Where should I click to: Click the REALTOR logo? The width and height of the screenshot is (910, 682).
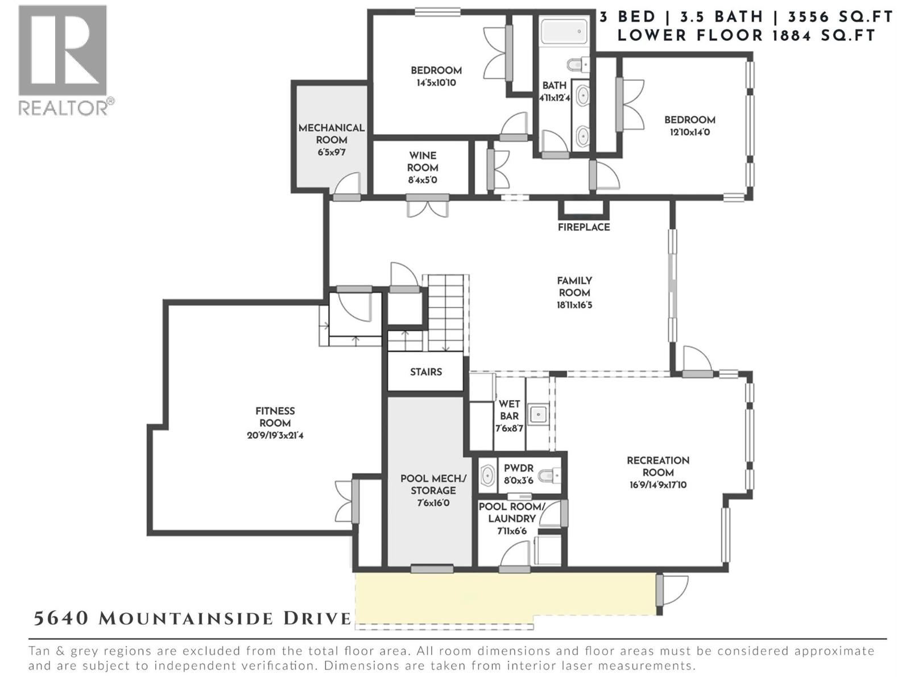pos(63,60)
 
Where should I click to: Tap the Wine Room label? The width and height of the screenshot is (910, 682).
pos(423,161)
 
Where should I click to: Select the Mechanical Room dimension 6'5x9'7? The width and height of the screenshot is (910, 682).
pos(332,152)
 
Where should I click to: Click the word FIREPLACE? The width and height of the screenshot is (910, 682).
pos(584,227)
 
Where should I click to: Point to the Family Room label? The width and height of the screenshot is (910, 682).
pos(574,286)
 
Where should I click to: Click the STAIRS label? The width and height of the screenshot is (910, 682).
pos(426,372)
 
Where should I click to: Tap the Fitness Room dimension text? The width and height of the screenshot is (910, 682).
pos(275,436)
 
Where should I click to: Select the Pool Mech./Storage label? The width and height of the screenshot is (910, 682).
pos(433,484)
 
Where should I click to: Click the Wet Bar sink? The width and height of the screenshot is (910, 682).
pos(538,414)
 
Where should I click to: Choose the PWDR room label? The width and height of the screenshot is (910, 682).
pos(519,468)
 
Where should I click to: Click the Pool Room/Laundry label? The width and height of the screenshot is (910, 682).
pos(512,513)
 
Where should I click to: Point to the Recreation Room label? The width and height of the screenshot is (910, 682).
pos(658,466)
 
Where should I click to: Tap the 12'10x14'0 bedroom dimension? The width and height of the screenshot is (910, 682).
pos(690,132)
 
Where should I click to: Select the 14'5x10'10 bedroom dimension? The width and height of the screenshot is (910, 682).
pos(436,83)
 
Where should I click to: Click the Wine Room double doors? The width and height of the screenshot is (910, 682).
pos(428,206)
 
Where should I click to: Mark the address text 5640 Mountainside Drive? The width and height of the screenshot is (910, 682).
pos(192,618)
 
